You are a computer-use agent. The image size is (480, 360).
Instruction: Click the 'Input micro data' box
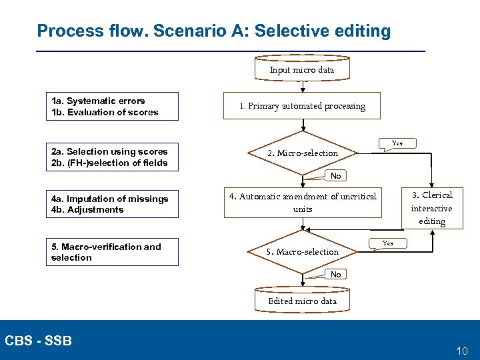click(302, 69)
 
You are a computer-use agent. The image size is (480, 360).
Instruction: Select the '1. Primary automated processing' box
click(303, 106)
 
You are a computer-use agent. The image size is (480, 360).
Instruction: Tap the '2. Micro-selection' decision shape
click(303, 153)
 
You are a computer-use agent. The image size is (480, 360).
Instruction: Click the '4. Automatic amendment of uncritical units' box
click(303, 203)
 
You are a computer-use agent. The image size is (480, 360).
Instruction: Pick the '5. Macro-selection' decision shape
click(303, 251)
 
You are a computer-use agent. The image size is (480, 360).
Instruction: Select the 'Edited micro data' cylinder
click(302, 301)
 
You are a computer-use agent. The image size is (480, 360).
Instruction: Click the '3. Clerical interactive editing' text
click(432, 208)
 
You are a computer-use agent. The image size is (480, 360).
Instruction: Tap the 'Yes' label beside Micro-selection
click(397, 143)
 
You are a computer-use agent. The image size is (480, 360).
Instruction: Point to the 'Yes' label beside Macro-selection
click(387, 243)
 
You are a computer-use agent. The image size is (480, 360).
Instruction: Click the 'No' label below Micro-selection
click(335, 176)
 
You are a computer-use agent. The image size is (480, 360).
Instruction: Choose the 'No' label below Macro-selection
click(335, 275)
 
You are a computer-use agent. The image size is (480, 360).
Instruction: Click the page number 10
click(462, 351)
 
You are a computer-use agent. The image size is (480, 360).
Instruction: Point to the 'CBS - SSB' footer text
click(38, 341)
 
